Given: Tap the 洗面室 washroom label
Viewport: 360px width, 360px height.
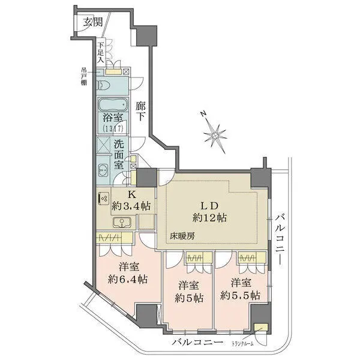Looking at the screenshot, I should [x=119, y=154].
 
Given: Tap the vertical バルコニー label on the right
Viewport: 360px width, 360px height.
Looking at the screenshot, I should [x=280, y=238].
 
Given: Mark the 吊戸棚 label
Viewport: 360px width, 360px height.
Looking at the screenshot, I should [x=85, y=76].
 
